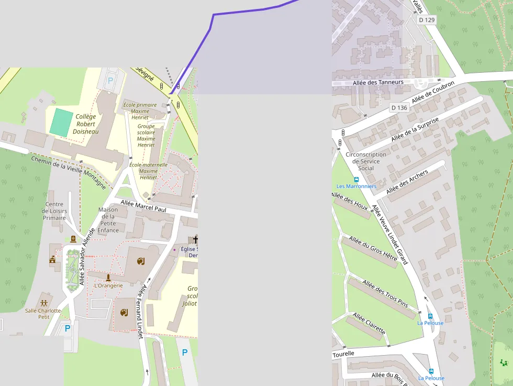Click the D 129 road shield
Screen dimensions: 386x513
pos(427,20)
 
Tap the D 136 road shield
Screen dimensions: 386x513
pos(399,108)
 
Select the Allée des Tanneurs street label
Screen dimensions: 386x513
pos(378,82)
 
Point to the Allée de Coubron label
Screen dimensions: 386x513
pos(433,92)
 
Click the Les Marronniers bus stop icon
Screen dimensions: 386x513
pos(356,180)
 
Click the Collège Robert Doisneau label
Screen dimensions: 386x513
pos(86,124)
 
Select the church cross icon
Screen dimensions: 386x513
pos(196,240)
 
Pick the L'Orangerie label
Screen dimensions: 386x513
pos(108,285)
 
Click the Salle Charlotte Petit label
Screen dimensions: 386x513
pos(43,313)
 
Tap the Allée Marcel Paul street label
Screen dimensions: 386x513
pos(143,205)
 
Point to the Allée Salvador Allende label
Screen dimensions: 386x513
pos(86,256)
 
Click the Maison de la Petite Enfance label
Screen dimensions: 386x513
pos(108,219)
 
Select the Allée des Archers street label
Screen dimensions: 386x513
pos(407,182)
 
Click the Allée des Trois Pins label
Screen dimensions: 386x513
pos(385,293)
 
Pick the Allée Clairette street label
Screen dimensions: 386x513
pos(369,324)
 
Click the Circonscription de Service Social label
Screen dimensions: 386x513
pos(366,161)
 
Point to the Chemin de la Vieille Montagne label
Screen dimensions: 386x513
pos(68,172)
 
